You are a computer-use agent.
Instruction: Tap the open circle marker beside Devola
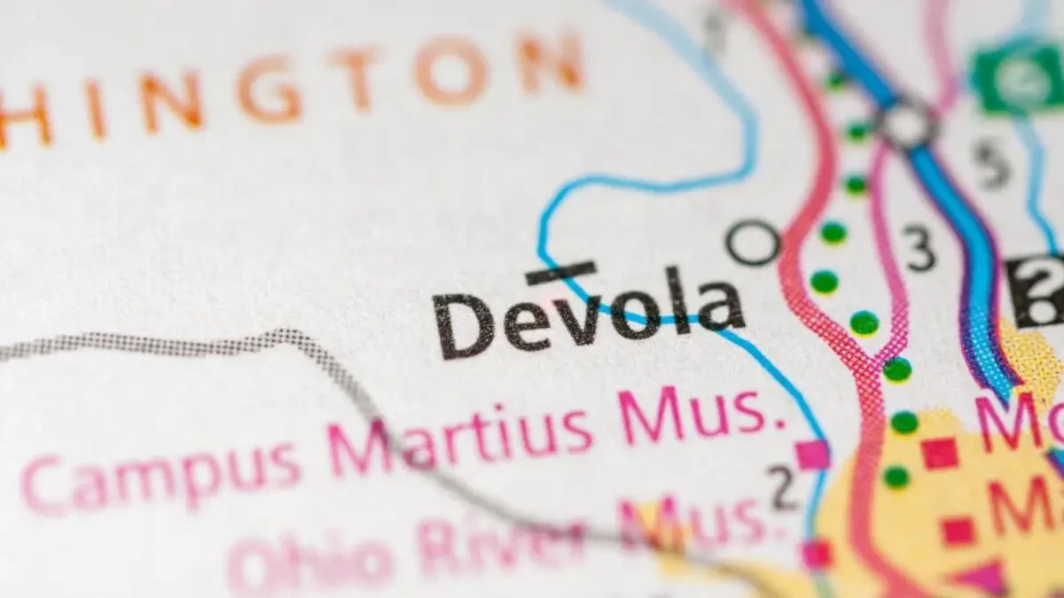click(754, 242)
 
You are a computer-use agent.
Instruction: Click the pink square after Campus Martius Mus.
click(812, 454)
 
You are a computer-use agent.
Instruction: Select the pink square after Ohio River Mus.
click(816, 555)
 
